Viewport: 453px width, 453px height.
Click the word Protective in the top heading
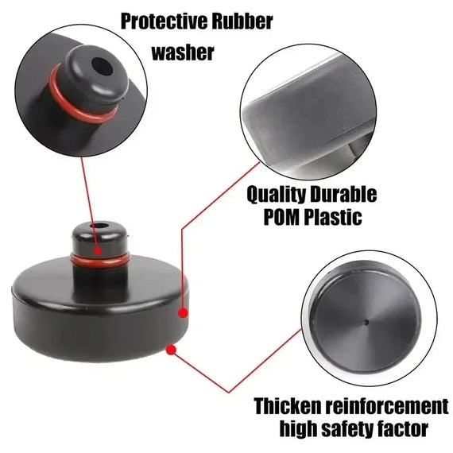pyautogui.click(x=164, y=21)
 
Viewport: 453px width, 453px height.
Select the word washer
pyautogui.click(x=183, y=52)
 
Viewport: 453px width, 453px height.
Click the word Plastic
pyautogui.click(x=334, y=216)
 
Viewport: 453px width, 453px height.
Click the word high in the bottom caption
pyautogui.click(x=298, y=428)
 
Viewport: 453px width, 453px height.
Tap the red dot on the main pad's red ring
pyautogui.click(x=98, y=251)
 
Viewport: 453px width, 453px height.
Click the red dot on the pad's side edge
pyautogui.click(x=183, y=313)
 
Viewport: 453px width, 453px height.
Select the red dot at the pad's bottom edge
pyautogui.click(x=171, y=350)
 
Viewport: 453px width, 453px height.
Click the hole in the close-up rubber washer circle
pyautogui.click(x=102, y=66)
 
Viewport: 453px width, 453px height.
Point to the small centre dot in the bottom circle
pyautogui.click(x=366, y=322)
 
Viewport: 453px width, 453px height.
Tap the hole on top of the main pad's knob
pyautogui.click(x=99, y=226)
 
